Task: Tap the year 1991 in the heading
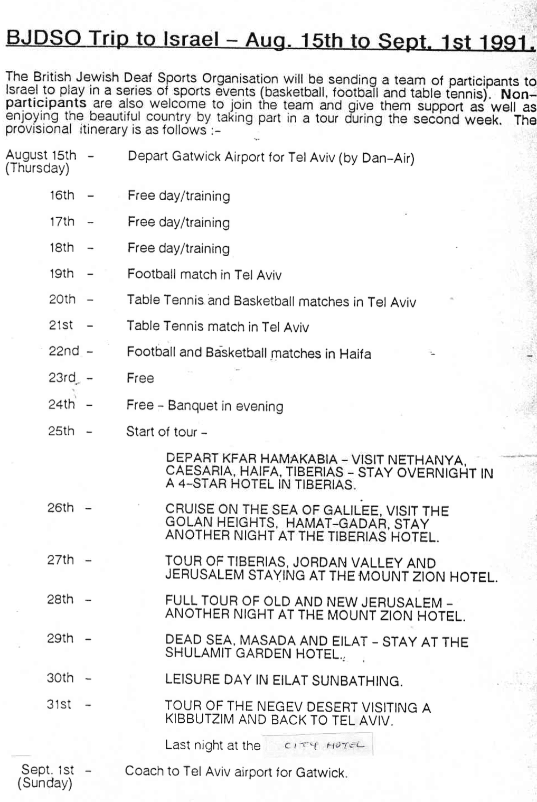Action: pos(506,42)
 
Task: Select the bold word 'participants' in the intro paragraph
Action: pos(46,102)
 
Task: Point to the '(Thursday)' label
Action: pos(37,169)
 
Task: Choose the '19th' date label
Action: pos(61,274)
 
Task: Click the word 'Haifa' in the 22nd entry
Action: pos(355,354)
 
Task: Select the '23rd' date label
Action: pos(62,378)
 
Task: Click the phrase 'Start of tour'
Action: pos(162,432)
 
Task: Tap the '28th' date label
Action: pos(60,599)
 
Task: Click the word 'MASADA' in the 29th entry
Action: pos(267,641)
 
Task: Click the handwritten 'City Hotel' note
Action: pos(324,745)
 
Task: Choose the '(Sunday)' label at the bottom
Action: pos(45,783)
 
